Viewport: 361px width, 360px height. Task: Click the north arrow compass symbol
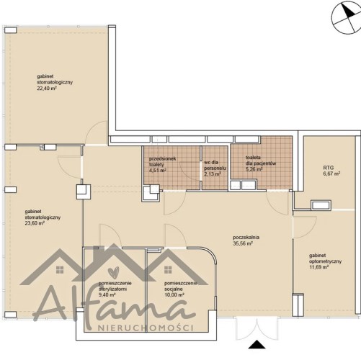click(x=346, y=18)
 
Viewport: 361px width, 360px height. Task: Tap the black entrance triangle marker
click(x=257, y=344)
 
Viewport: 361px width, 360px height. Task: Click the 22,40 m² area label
click(x=47, y=88)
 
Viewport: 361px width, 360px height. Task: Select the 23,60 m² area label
click(x=35, y=223)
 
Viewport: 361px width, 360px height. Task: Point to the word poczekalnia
click(x=246, y=238)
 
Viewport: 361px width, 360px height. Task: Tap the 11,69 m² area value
click(x=319, y=267)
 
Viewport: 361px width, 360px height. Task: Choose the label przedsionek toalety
click(x=162, y=161)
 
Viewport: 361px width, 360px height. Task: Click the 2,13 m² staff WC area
click(x=213, y=174)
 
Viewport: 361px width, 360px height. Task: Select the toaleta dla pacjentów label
click(x=261, y=161)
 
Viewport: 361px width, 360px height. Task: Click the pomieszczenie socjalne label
click(x=181, y=286)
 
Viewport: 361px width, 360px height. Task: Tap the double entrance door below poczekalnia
click(x=257, y=329)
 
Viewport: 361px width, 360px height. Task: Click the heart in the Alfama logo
click(x=114, y=272)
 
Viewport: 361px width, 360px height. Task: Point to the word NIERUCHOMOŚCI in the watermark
click(x=146, y=328)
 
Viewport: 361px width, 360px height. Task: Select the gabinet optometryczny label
click(x=325, y=258)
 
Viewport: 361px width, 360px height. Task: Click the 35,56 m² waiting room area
click(x=243, y=243)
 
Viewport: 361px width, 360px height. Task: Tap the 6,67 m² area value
click(x=331, y=174)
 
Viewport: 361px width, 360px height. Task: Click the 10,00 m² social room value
click(x=174, y=295)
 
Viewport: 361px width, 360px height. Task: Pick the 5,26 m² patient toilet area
click(x=254, y=169)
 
